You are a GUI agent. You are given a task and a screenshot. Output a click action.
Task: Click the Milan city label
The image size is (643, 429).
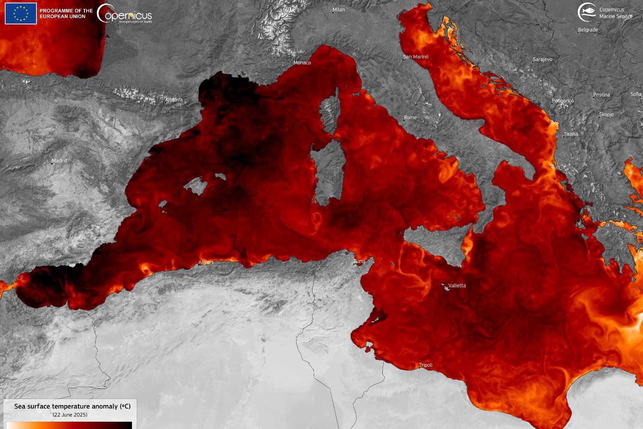pyautogui.click(x=339, y=10)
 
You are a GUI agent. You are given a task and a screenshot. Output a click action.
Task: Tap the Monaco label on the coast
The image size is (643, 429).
pyautogui.click(x=302, y=63)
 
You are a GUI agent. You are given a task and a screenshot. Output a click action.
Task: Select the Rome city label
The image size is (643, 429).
pyautogui.click(x=410, y=118)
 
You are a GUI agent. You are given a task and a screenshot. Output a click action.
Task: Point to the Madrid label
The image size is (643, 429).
pyautogui.click(x=60, y=161)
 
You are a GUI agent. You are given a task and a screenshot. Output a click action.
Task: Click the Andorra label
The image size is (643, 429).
pyautogui.click(x=174, y=100)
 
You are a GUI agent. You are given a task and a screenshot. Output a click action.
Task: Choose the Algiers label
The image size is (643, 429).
pyautogui.click(x=206, y=263)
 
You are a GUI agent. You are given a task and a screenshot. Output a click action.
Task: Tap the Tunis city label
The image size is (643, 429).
pyautogui.click(x=360, y=261)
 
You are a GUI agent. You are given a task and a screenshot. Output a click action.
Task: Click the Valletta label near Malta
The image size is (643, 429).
pyautogui.click(x=457, y=286)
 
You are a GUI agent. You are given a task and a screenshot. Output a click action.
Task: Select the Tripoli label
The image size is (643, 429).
pyautogui.click(x=426, y=366)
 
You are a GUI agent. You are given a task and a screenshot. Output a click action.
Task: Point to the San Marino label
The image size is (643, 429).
pyautogui.click(x=416, y=57)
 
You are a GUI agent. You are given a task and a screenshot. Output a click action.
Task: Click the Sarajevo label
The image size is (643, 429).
pyautogui.click(x=542, y=60)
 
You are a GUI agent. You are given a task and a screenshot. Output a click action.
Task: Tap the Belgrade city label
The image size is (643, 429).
pyautogui.click(x=588, y=30)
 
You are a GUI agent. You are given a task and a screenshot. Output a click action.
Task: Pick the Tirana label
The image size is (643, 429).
pyautogui.click(x=571, y=134)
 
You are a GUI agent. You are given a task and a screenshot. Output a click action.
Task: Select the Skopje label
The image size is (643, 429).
pyautogui.click(x=607, y=115)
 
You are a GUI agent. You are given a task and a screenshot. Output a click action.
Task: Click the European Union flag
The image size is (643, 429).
pyautogui.click(x=21, y=13)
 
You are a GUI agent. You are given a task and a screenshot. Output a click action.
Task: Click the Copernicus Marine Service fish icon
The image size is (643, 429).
pyautogui.click(x=586, y=12)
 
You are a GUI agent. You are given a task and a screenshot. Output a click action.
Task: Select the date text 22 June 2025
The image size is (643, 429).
pyautogui.click(x=70, y=415)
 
